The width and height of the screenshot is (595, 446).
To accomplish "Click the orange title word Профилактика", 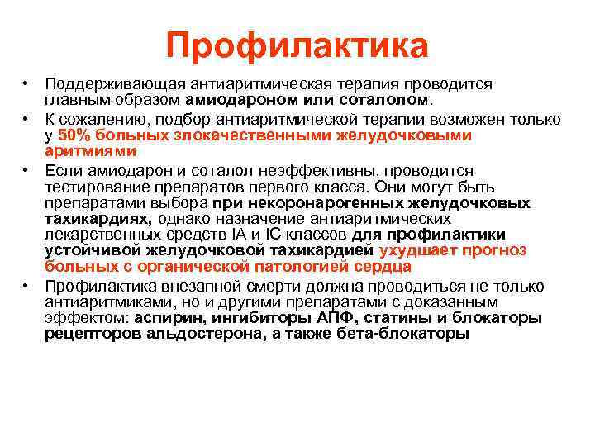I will pos(297,45).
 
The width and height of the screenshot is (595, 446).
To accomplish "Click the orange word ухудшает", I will pos(416,251).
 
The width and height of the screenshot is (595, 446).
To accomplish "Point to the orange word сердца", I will pos(382,267).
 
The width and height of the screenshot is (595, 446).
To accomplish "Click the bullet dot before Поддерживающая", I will pos(27,84).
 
